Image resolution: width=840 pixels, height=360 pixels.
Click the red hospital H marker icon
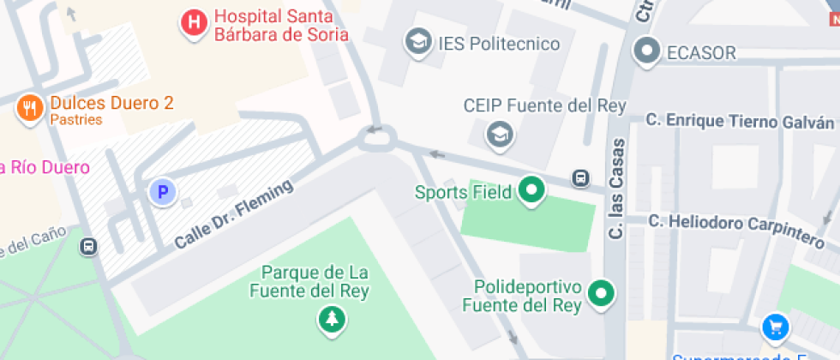click(195, 23)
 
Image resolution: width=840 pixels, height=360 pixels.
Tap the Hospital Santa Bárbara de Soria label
click(281, 26)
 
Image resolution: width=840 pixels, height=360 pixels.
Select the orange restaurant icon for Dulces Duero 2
click(31, 109)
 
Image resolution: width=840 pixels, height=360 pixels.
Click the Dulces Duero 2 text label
click(111, 104)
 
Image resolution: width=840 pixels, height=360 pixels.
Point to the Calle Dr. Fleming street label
click(234, 214)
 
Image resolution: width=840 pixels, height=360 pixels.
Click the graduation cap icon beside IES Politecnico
click(418, 42)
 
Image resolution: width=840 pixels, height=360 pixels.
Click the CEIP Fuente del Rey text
click(544, 105)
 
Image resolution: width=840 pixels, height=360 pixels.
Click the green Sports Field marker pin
click(532, 191)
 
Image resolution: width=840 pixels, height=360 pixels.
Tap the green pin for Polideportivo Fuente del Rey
click(603, 294)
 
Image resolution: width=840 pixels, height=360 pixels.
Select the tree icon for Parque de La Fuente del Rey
click(331, 321)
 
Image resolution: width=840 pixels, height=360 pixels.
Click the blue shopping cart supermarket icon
click(775, 327)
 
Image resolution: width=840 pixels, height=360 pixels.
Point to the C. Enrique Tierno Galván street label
click(739, 123)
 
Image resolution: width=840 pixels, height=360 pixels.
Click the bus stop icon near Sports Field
click(581, 178)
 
